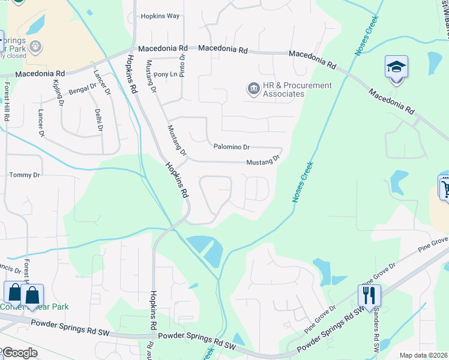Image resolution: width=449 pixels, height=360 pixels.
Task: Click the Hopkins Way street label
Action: coord(160,16)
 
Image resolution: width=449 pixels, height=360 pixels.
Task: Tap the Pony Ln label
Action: coord(166,74)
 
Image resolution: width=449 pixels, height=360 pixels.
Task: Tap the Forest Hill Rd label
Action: coord(7,102)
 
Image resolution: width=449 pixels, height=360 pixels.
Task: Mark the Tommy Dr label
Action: coord(25,175)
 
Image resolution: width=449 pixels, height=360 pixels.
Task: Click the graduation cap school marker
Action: coord(396,66)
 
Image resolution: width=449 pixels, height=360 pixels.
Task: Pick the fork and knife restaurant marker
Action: coord(369,295)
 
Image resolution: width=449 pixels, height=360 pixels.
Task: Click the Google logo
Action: coord(19,353)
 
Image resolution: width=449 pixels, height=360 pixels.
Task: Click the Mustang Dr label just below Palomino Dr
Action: coord(263,161)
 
